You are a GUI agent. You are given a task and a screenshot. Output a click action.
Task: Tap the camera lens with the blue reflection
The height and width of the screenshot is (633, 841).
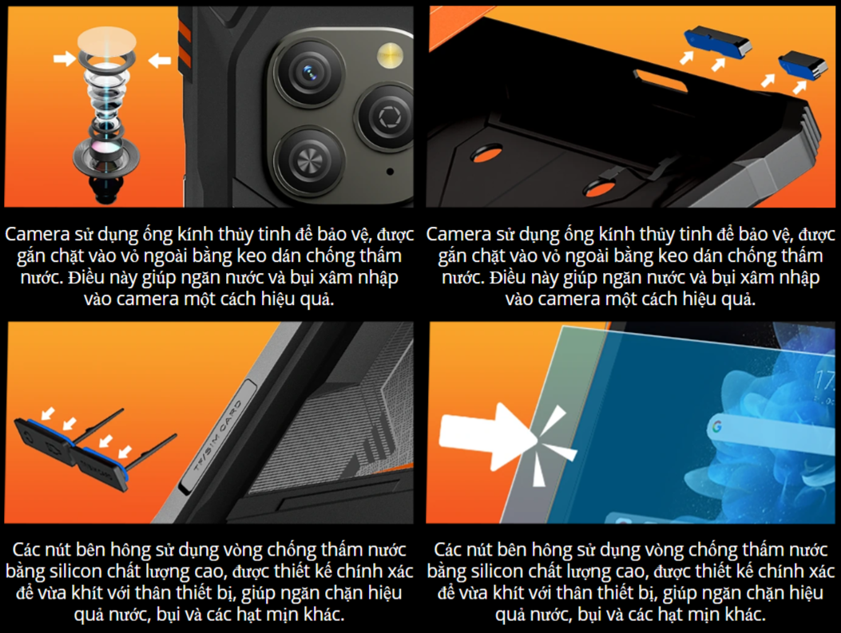(309, 73)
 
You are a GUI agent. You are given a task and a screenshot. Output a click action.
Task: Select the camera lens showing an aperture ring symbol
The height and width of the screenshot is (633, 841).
(387, 117)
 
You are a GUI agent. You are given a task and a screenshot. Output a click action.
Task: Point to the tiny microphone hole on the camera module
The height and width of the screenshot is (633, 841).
(390, 172)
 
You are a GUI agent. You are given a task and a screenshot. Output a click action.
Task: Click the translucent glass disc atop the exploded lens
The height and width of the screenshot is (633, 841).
(107, 41)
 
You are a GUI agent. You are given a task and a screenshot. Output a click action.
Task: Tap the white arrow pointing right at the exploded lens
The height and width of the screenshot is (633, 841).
(65, 58)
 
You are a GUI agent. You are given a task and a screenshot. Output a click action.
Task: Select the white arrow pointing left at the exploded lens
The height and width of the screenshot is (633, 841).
(159, 60)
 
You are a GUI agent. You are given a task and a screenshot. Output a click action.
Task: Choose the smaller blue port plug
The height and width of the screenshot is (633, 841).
(799, 65)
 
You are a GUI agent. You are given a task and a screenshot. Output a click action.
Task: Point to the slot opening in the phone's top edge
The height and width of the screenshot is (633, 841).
(661, 79)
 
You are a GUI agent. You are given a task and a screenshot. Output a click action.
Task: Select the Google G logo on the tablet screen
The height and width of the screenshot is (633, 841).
(717, 426)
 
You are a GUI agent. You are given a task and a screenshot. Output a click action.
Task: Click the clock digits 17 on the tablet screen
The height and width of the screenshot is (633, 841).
(825, 381)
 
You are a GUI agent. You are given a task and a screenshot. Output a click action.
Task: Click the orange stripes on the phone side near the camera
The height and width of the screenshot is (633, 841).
(184, 41)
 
